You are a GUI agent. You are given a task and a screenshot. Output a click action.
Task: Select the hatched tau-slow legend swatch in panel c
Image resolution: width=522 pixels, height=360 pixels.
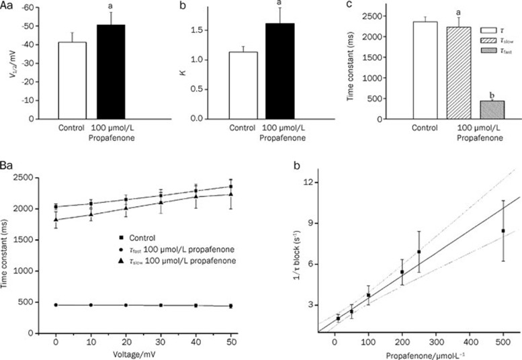click(488, 41)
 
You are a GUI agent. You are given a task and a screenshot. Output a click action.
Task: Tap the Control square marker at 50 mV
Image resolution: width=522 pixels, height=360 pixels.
click(231, 187)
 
